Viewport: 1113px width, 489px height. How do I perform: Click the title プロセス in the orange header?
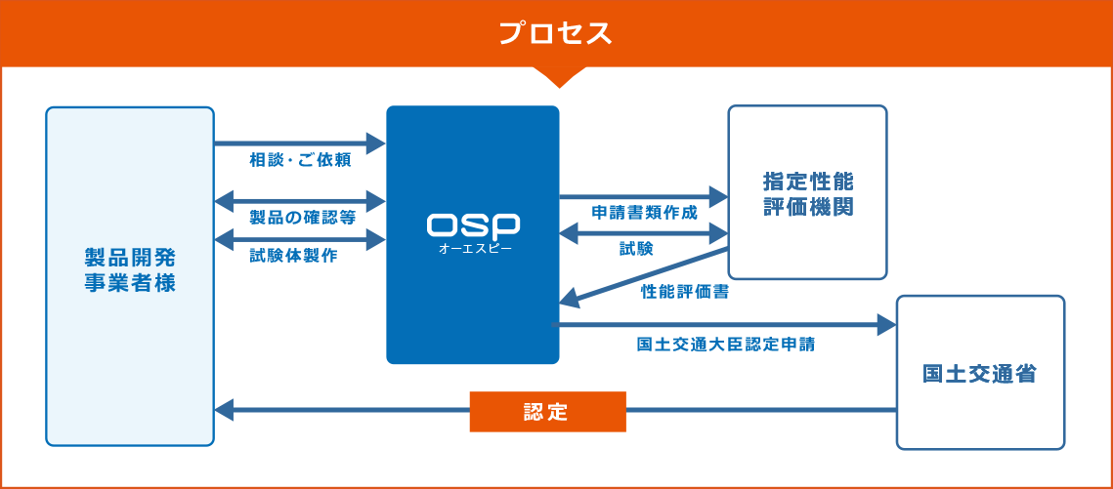(x=555, y=33)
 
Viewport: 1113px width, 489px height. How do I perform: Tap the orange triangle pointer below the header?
(x=556, y=76)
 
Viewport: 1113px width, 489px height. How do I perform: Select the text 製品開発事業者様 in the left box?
(x=130, y=270)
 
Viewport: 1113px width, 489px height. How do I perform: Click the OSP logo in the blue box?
(x=473, y=224)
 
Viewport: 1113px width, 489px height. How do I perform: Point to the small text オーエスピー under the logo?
(x=474, y=249)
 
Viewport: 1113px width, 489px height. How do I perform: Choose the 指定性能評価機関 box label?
(x=807, y=194)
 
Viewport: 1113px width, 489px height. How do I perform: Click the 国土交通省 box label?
(x=979, y=374)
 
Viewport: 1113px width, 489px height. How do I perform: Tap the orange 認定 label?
(x=547, y=411)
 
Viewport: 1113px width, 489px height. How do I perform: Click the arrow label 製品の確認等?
(x=301, y=216)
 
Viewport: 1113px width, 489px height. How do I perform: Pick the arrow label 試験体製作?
(x=293, y=256)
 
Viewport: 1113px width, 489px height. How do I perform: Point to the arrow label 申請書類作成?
(x=645, y=213)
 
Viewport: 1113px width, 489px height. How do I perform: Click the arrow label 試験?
(x=636, y=249)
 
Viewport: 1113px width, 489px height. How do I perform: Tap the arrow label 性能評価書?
(x=684, y=291)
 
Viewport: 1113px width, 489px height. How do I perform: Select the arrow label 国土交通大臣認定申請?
(x=725, y=344)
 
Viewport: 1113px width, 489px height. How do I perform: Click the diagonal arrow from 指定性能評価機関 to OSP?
(x=645, y=276)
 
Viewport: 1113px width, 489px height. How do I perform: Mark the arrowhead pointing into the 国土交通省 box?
(x=887, y=324)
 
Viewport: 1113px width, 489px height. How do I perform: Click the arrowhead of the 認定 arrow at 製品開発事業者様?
(x=224, y=411)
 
